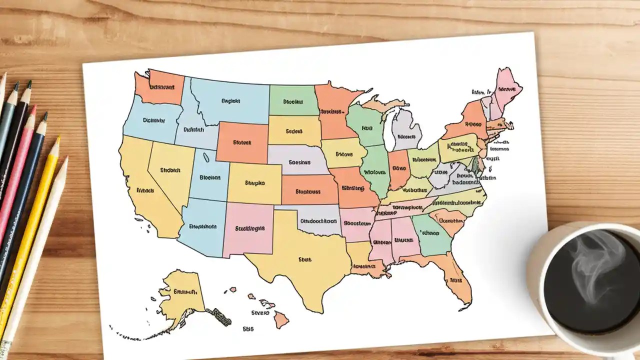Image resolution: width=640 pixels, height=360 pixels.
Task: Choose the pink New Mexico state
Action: pyautogui.click(x=249, y=227)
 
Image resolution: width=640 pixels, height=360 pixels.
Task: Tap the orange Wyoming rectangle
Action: pyautogui.click(x=242, y=142)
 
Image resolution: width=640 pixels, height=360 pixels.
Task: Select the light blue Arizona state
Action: pyautogui.click(x=202, y=227)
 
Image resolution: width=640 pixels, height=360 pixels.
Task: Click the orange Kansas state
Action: pyautogui.click(x=308, y=191)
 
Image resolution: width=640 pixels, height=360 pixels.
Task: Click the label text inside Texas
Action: pyautogui.click(x=304, y=259)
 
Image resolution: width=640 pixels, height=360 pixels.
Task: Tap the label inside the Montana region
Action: pyautogui.click(x=230, y=101)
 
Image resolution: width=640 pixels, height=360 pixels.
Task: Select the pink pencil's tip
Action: pyautogui.click(x=34, y=108)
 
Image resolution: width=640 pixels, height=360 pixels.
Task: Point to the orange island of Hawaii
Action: pyautogui.click(x=280, y=318)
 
